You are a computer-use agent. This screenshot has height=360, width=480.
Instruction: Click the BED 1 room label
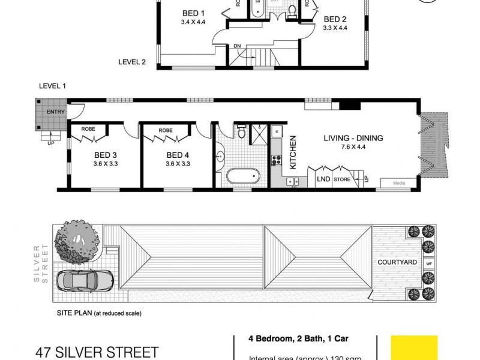(x=193, y=13)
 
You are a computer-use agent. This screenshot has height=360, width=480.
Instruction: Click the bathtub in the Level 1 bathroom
(x=243, y=176)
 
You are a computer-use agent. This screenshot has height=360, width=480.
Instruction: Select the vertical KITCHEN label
(x=293, y=152)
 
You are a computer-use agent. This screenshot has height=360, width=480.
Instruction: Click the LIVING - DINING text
(x=353, y=138)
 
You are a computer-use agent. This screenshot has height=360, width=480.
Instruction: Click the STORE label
(x=342, y=178)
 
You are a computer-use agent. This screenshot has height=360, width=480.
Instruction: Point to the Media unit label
(x=397, y=183)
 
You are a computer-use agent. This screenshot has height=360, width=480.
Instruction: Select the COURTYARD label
(x=397, y=262)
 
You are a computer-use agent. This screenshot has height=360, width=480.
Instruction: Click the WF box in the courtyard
(x=428, y=263)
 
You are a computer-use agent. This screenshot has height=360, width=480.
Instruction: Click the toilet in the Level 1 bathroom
(x=241, y=131)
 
